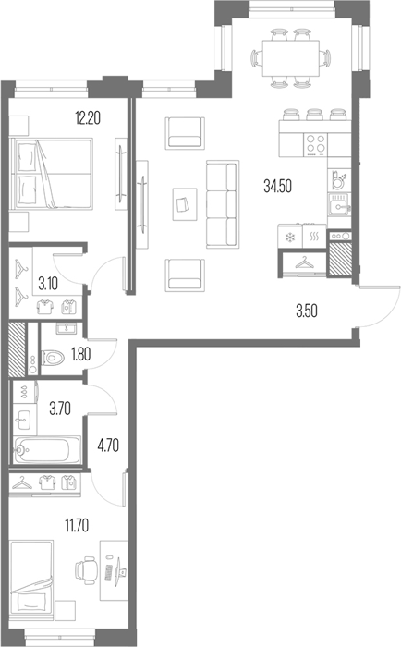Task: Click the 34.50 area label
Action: pyautogui.click(x=277, y=187)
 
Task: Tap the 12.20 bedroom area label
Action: pyautogui.click(x=88, y=118)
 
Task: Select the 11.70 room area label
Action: pyautogui.click(x=77, y=526)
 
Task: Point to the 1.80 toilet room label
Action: pyautogui.click(x=81, y=354)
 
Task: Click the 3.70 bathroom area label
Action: pyautogui.click(x=60, y=409)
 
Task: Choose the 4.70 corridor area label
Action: pyautogui.click(x=108, y=446)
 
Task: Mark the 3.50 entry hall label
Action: pyautogui.click(x=307, y=311)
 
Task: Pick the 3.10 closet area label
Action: pyautogui.click(x=48, y=284)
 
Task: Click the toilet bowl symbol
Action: pyautogui.click(x=52, y=357)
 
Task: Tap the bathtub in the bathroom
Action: pyautogui.click(x=46, y=450)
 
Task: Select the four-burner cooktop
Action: pyautogui.click(x=316, y=145)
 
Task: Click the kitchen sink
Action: pyautogui.click(x=339, y=205)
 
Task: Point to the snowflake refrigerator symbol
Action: pyautogui.click(x=291, y=237)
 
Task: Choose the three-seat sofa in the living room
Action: pyautogui.click(x=223, y=204)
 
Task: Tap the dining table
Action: pyautogui.click(x=291, y=58)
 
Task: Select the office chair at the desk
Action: pyautogui.click(x=86, y=570)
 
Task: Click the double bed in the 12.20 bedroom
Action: pyautogui.click(x=53, y=174)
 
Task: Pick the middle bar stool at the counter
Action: pyautogui.click(x=314, y=114)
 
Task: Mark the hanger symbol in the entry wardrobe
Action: pyautogui.click(x=305, y=262)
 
